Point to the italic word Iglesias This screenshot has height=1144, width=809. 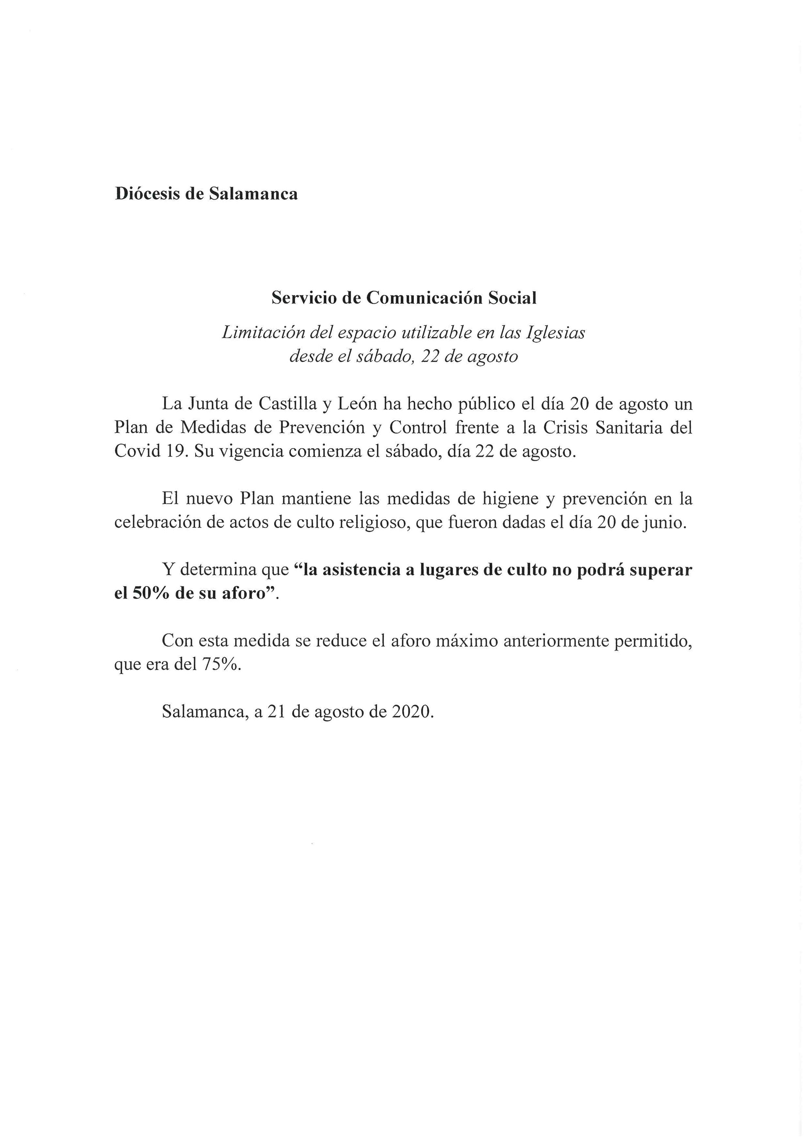556,333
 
